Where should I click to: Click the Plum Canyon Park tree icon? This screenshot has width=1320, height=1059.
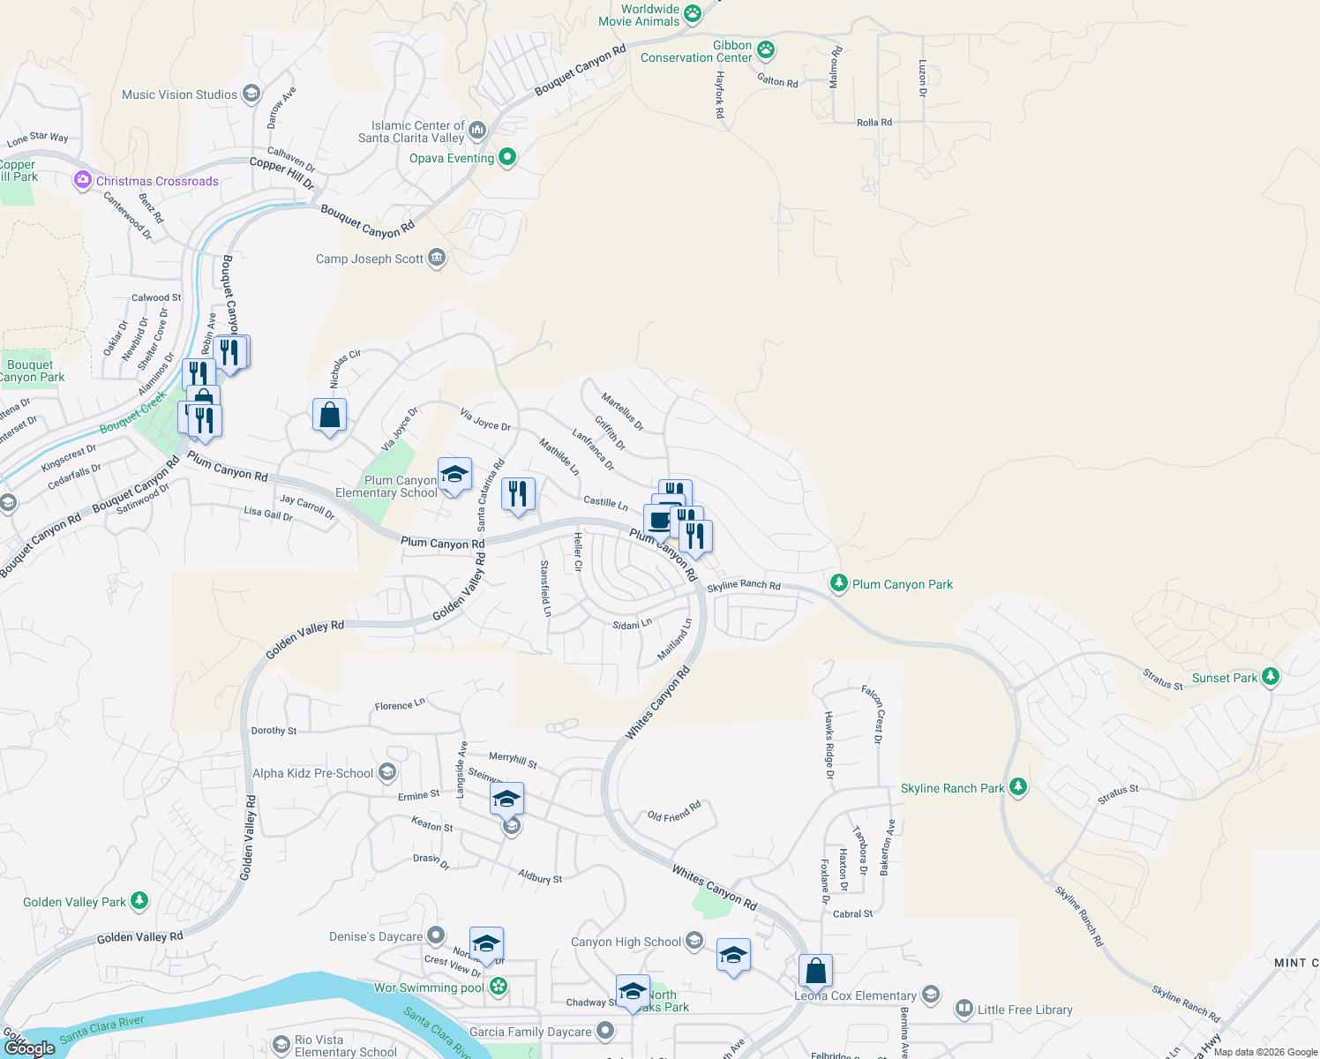(x=839, y=583)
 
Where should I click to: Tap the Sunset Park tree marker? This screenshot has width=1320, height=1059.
(x=1271, y=677)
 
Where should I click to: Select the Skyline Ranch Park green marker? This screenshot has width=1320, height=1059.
(x=1018, y=786)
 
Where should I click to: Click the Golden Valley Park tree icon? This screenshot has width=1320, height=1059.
(x=139, y=901)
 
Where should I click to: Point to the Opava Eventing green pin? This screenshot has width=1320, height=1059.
(x=507, y=158)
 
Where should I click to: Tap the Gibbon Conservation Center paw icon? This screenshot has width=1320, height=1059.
(x=766, y=50)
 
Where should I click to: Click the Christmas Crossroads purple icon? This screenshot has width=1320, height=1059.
(x=83, y=181)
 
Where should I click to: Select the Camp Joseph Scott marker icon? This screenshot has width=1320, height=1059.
(x=437, y=259)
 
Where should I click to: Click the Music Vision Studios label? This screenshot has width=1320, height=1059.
(x=180, y=94)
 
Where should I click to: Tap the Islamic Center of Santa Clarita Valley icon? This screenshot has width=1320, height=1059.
(x=477, y=131)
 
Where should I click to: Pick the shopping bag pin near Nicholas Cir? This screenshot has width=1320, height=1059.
(x=329, y=415)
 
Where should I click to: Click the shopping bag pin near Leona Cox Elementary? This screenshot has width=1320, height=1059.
(x=816, y=971)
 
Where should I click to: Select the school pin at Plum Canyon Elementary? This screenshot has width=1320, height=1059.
(x=454, y=476)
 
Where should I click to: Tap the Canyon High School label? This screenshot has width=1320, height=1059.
(x=626, y=942)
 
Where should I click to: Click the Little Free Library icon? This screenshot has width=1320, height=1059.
(x=964, y=1009)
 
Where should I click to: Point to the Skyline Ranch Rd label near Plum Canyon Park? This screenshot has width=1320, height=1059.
(x=744, y=584)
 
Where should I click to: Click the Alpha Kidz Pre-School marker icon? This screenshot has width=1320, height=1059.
(x=386, y=773)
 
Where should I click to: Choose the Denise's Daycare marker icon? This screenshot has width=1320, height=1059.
(x=436, y=935)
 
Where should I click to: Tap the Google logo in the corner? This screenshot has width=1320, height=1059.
(x=29, y=1048)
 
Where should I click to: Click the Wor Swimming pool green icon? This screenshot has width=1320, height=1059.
(x=499, y=987)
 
